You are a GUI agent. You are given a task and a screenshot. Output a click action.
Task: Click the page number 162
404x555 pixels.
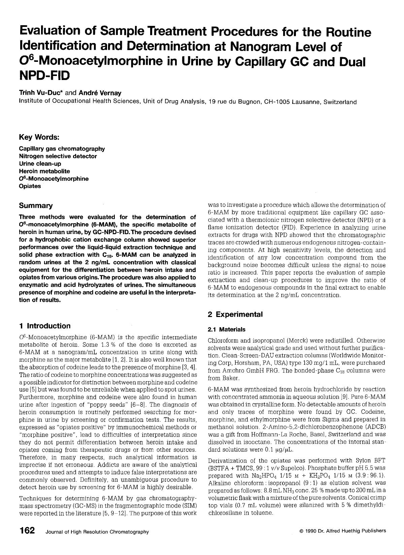point(27,531)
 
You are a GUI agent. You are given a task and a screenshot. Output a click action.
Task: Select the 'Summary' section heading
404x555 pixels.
point(36,205)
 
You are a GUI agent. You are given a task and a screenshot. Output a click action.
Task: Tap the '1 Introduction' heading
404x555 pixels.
point(45,326)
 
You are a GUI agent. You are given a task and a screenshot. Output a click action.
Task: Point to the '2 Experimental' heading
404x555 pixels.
point(235,314)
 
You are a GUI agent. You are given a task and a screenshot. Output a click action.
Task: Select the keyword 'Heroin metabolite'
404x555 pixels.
point(44,171)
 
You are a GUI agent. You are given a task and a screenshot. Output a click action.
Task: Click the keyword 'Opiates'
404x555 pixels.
point(30,186)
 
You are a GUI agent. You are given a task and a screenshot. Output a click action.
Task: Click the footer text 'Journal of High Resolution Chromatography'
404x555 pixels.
point(97,532)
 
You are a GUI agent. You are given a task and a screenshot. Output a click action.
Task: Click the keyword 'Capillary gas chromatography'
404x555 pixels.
point(62,149)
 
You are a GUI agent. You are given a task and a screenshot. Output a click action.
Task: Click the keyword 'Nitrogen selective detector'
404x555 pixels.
point(58,156)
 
